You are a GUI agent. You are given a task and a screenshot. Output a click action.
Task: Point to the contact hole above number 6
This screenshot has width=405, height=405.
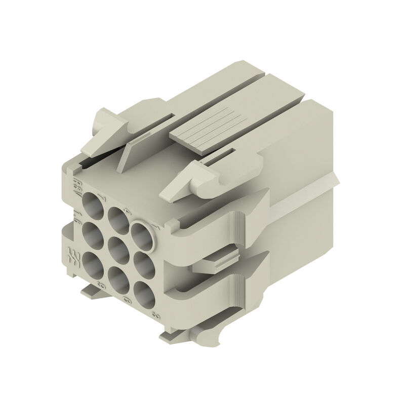click(117, 278)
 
